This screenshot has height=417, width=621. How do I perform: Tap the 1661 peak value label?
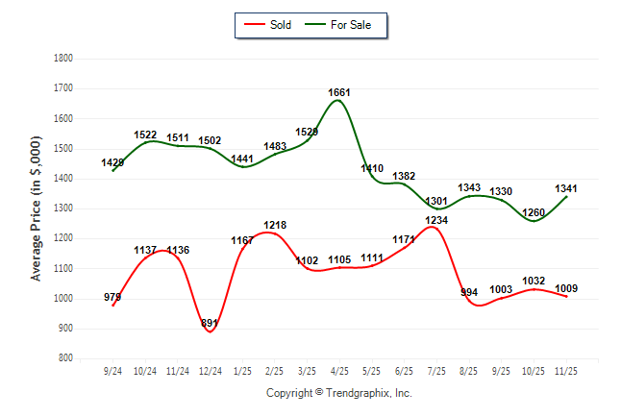click(339, 92)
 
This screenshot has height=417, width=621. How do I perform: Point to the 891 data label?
click(210, 324)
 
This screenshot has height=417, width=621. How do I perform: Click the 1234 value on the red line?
click(436, 220)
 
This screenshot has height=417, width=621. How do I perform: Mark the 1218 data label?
click(275, 225)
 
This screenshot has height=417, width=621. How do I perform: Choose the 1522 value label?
click(145, 135)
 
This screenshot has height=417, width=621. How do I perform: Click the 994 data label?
click(469, 292)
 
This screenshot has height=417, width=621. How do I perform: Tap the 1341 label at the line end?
click(566, 188)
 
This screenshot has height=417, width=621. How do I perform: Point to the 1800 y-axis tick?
click(64, 59)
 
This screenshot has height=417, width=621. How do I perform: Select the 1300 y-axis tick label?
click(64, 208)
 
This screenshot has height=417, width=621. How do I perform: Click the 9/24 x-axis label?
click(113, 370)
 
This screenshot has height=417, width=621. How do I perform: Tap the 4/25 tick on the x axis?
click(339, 370)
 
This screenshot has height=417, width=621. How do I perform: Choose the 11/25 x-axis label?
click(566, 370)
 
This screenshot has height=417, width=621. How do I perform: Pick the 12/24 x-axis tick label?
click(211, 370)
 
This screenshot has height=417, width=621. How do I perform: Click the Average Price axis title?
click(37, 208)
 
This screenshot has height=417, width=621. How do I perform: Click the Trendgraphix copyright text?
click(338, 393)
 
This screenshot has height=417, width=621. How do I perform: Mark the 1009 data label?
click(566, 288)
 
